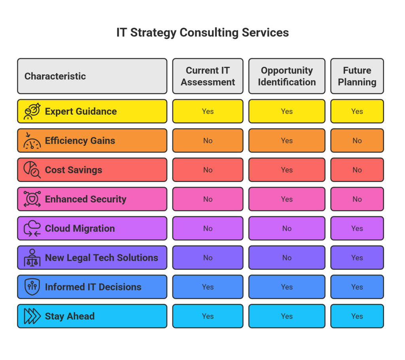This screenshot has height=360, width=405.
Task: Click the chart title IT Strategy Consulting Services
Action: (202, 32)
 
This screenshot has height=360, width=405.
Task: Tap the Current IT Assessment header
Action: (208, 76)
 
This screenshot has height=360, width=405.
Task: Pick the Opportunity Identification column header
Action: (287, 76)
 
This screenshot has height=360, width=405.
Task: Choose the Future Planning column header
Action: (357, 76)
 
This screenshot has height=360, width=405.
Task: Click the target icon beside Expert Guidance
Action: (32, 112)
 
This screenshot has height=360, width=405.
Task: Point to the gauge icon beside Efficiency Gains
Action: (32, 140)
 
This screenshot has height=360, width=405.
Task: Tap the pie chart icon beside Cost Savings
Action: (32, 170)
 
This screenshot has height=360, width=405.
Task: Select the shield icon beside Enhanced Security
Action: (32, 199)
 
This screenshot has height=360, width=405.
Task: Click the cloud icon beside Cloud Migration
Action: (32, 228)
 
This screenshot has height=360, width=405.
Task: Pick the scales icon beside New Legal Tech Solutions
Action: (32, 258)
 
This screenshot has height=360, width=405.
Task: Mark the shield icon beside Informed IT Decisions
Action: (32, 287)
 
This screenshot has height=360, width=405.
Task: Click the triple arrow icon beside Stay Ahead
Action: (32, 316)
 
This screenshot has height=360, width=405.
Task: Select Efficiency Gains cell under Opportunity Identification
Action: (287, 140)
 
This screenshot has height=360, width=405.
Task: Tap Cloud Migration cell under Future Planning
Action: (357, 228)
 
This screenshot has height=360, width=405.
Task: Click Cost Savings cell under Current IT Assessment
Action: (208, 170)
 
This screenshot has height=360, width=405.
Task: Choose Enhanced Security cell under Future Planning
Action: (357, 199)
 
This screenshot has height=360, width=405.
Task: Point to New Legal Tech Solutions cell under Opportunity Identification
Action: (287, 258)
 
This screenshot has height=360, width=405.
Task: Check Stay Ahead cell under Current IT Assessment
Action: (208, 316)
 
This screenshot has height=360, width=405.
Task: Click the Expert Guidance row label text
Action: (81, 112)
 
